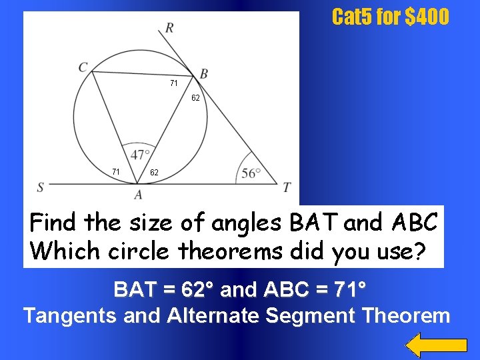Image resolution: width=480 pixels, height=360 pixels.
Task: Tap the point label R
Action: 170,28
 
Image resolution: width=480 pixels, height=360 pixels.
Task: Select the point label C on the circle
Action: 83,67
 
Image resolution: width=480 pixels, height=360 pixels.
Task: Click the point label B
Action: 203,73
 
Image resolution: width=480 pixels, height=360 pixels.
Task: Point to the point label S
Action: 41,187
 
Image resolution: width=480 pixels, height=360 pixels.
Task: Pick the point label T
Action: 287,187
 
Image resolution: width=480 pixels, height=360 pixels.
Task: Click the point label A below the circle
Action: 138,195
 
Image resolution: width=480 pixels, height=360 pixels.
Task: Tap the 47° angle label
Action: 141,155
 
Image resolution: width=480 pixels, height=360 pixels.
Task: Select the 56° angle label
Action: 251,173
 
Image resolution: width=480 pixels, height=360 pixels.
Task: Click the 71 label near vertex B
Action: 173,83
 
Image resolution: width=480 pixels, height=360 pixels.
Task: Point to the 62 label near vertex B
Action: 195,98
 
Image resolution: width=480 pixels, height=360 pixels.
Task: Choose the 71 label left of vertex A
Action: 116,172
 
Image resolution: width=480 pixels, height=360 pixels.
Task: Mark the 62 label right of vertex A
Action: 154,173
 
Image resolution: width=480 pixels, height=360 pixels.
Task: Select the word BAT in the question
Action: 314,222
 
